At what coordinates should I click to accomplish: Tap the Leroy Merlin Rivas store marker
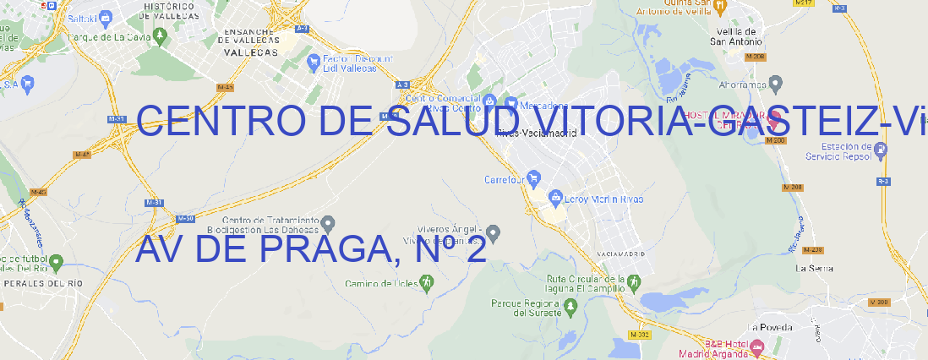555,199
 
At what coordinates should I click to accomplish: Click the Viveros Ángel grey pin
495,232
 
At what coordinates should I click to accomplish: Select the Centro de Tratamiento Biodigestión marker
329,223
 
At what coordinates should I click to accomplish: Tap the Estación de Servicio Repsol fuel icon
882,150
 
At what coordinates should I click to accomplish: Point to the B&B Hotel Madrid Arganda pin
757,346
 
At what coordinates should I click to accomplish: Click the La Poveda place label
770,327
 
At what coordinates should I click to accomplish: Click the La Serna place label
815,268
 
